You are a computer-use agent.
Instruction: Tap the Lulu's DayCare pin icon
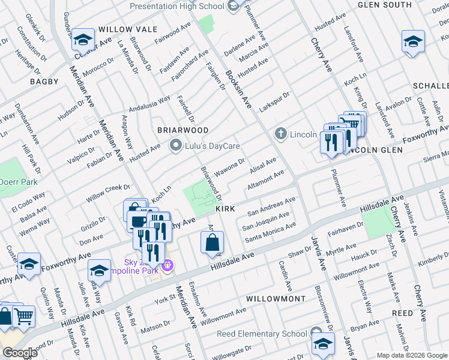point(176,146)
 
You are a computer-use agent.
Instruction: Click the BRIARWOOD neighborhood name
point(182,130)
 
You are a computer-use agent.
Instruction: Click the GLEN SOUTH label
point(384,5)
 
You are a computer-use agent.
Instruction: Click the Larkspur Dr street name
point(274,98)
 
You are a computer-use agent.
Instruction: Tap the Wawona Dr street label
point(231,169)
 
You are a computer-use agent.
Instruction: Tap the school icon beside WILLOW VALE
point(83,41)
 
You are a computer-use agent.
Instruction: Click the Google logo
point(20,353)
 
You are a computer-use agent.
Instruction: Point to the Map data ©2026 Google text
point(411,355)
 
